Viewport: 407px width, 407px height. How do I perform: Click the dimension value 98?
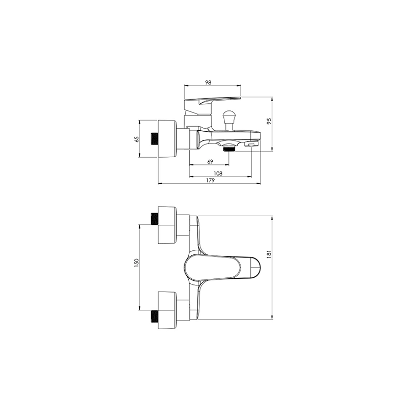(x=208, y=82)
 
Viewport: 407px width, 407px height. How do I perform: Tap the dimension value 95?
(x=269, y=121)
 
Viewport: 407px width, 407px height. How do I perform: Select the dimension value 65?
(x=137, y=139)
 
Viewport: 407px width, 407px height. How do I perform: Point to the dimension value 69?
(x=210, y=161)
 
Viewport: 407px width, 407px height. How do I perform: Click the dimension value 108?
(x=218, y=173)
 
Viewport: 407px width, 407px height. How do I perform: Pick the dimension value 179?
(x=210, y=180)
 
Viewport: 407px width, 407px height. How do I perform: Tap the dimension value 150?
(x=137, y=263)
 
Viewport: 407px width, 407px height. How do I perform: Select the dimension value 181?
(x=269, y=254)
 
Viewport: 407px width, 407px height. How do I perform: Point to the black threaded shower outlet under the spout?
(x=229, y=149)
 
